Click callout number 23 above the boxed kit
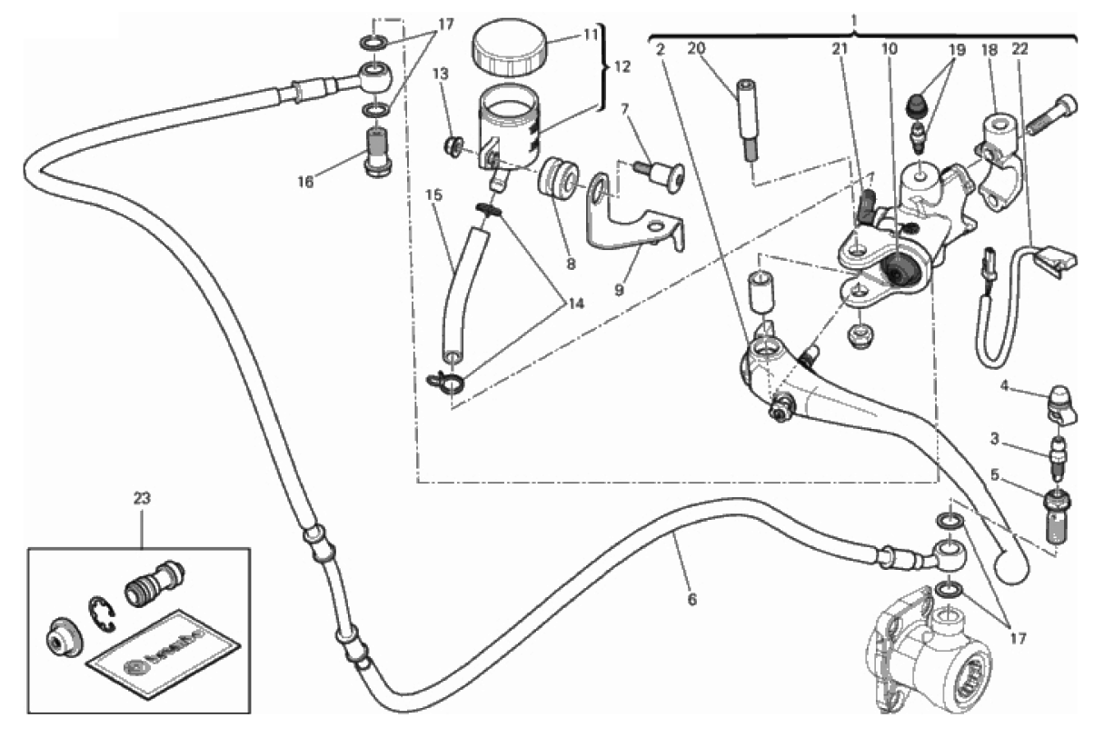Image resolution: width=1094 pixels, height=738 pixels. pyautogui.click(x=142, y=498)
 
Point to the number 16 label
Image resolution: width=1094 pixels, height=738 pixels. pyautogui.click(x=304, y=182)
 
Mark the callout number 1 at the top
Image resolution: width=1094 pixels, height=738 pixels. pyautogui.click(x=854, y=18)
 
